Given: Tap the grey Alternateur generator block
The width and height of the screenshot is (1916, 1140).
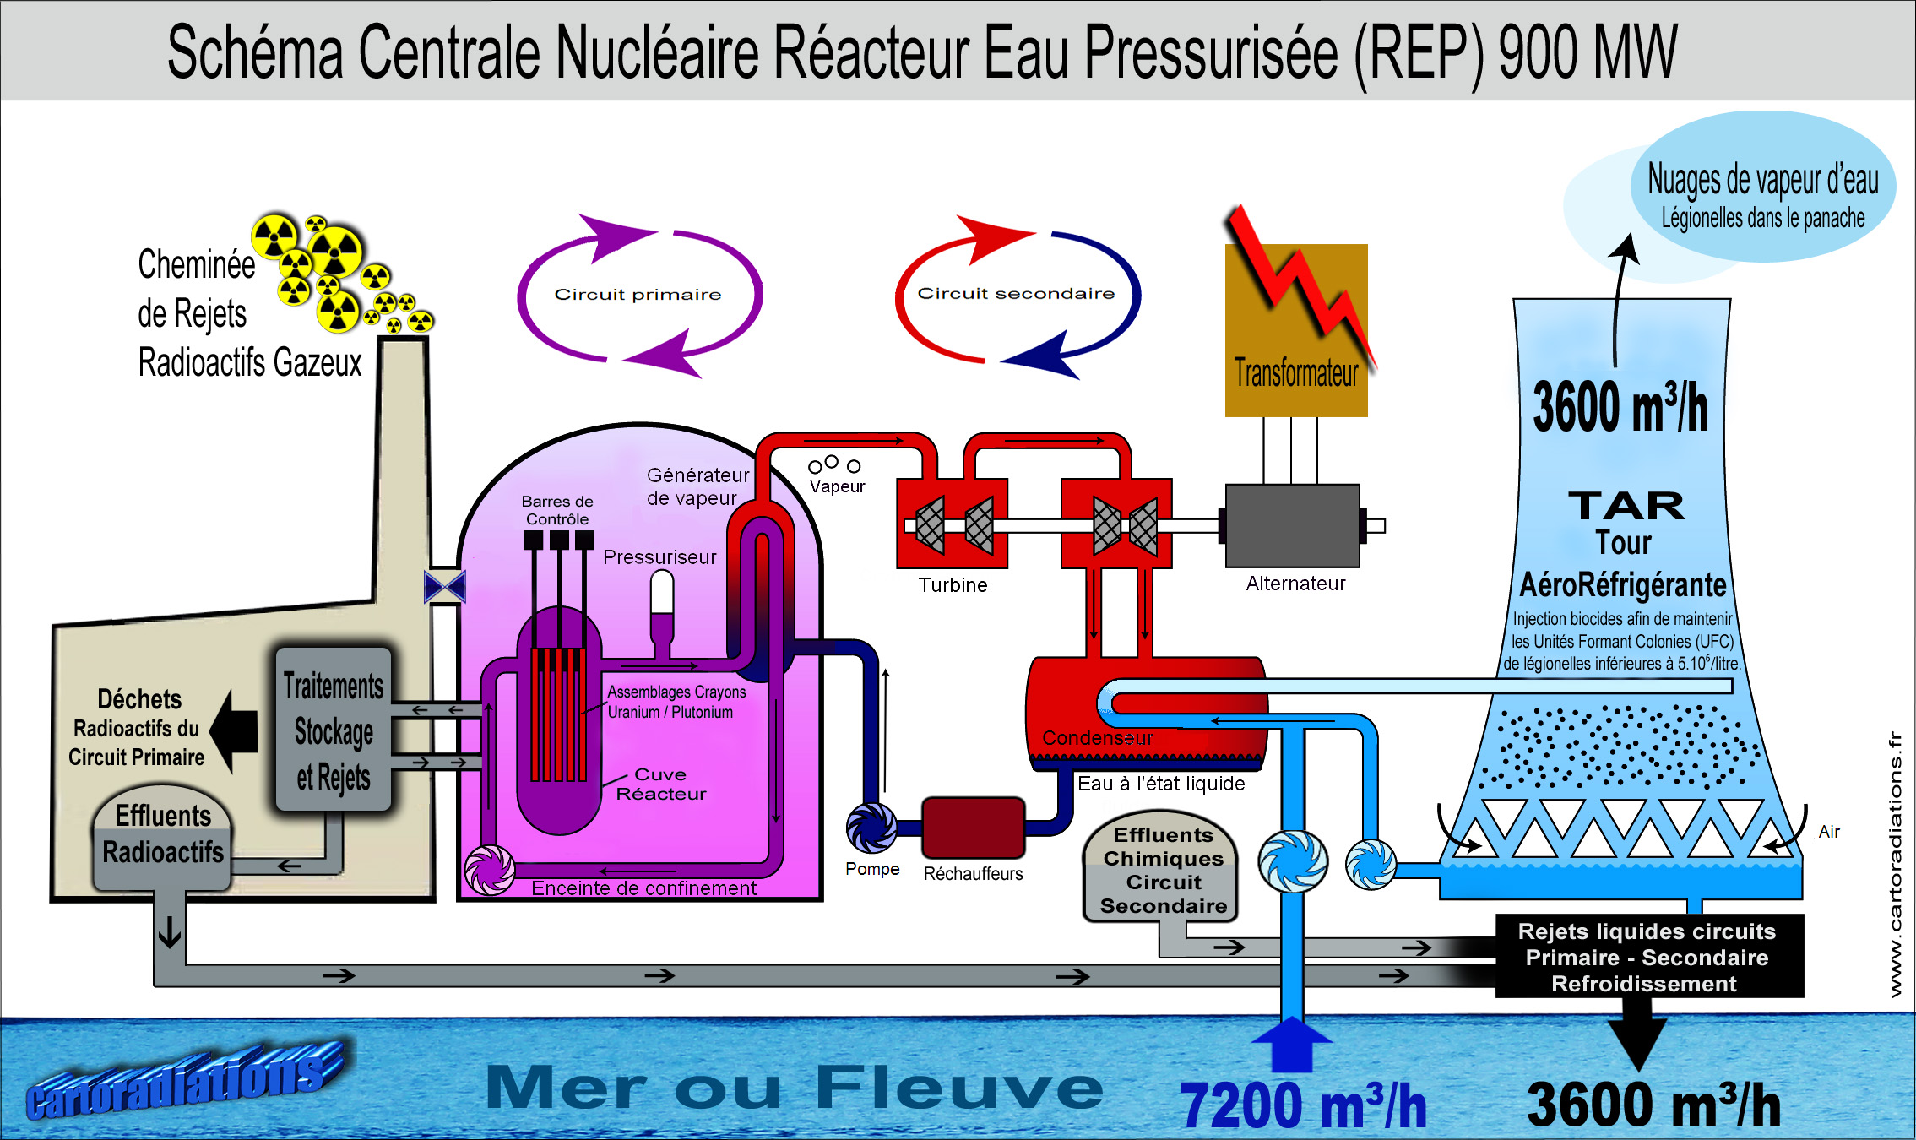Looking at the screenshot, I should click(x=1292, y=525).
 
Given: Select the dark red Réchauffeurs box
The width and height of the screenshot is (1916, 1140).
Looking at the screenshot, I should click(x=973, y=827).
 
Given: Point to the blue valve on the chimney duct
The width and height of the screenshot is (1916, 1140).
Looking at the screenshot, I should click(x=445, y=587).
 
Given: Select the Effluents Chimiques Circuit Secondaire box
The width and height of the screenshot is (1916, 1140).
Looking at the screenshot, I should click(x=1163, y=870).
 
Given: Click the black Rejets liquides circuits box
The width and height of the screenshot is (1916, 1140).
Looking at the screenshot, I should click(x=1647, y=957).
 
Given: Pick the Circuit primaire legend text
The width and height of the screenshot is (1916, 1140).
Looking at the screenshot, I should click(x=638, y=295).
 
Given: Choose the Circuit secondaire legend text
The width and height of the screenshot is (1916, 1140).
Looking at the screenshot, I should click(x=1016, y=294).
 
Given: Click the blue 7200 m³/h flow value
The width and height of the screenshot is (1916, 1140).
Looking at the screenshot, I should click(x=1303, y=1105).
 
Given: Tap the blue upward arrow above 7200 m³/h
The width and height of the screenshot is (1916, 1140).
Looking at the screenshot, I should click(x=1291, y=1044).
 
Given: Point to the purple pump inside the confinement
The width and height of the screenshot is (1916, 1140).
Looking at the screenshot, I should click(x=490, y=870).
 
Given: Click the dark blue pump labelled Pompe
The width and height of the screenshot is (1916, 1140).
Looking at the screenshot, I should click(x=871, y=827).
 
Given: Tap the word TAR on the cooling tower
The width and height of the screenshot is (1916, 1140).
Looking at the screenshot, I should click(x=1626, y=506).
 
